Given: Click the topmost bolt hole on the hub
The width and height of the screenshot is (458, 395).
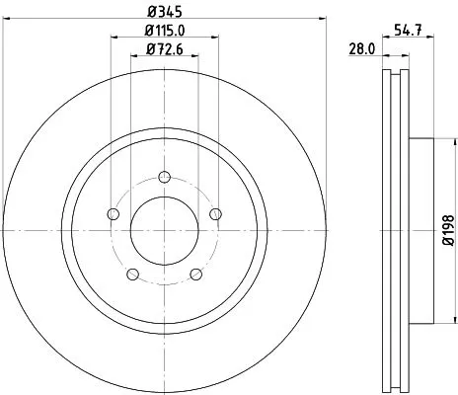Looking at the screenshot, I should (x=162, y=178).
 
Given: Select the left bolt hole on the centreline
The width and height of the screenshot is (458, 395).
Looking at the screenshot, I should (x=113, y=214).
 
